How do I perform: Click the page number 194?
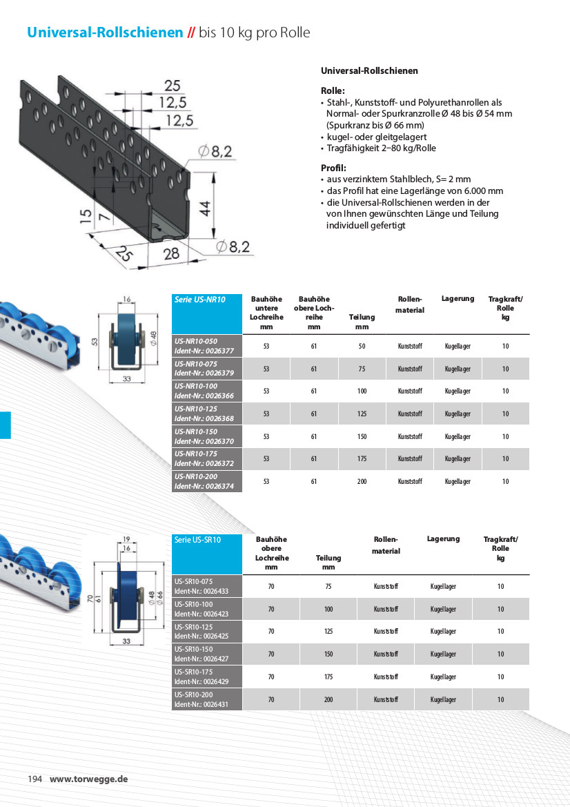(35, 779)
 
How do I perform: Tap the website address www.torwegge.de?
(89, 779)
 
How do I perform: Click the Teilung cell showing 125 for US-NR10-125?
(362, 414)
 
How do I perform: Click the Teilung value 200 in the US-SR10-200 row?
(328, 699)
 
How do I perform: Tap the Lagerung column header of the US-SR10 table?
(443, 538)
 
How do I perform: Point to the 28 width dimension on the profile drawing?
(171, 253)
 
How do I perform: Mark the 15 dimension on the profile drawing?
(85, 217)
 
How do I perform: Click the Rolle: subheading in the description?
(333, 90)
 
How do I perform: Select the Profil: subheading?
(334, 168)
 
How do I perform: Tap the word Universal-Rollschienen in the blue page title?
(105, 32)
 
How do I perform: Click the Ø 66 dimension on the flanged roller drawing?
(159, 599)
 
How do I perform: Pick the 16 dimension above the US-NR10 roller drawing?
(126, 300)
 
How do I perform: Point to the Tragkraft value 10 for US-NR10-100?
(505, 391)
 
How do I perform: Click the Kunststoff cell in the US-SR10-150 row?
(386, 654)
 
